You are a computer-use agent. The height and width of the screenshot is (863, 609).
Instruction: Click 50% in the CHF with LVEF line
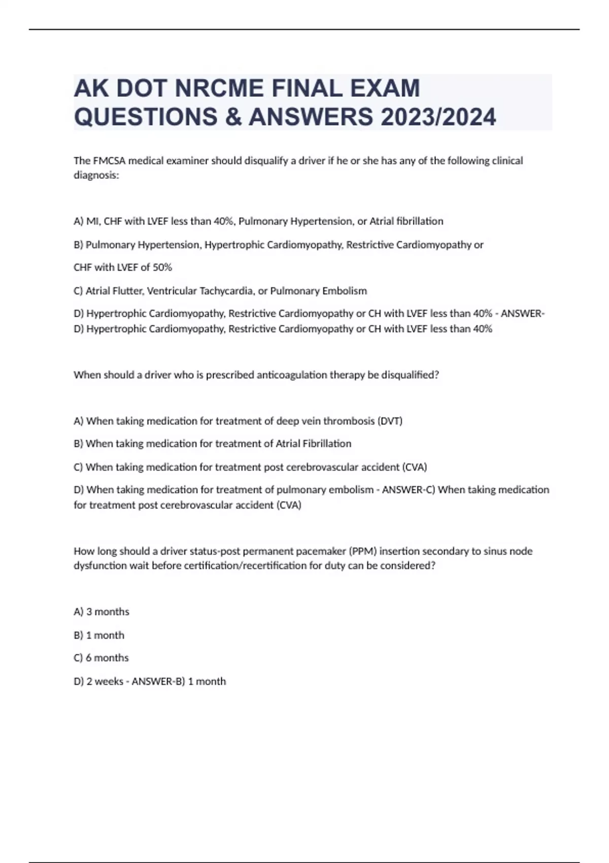(x=162, y=267)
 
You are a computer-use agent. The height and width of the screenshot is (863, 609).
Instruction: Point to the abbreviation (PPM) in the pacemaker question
(x=362, y=551)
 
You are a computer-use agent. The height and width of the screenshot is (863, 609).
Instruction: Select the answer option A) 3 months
(x=101, y=612)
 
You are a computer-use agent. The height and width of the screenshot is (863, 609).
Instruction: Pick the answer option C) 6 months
(x=101, y=658)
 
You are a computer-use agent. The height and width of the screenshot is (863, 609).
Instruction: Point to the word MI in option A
(x=93, y=221)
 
